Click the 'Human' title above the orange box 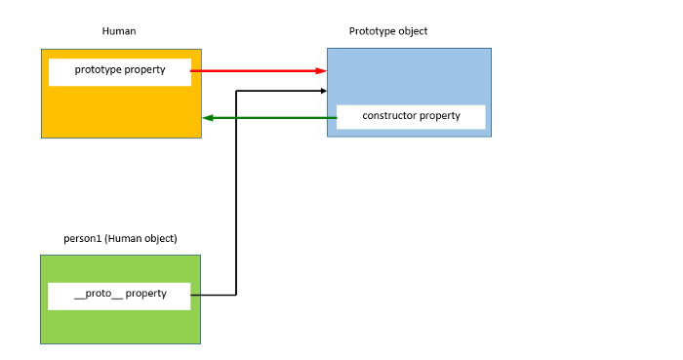[119, 31]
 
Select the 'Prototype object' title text [388, 31]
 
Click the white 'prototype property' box [119, 71]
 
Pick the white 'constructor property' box [410, 116]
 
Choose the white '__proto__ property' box [119, 295]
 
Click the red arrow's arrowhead [321, 71]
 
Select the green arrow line [273, 118]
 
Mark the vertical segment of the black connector [236, 195]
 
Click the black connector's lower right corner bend [236, 295]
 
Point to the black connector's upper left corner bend [236, 91]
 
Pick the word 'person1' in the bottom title [82, 238]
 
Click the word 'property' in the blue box [438, 116]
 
